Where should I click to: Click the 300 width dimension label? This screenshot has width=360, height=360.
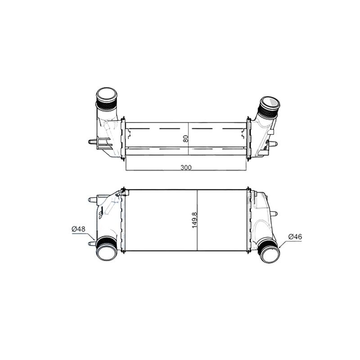(186, 167)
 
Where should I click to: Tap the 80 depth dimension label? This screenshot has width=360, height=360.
(186, 139)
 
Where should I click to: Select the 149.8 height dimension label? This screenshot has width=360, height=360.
(195, 220)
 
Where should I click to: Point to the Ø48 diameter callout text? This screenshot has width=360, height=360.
(78, 229)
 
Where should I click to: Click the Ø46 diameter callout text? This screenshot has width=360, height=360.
(295, 237)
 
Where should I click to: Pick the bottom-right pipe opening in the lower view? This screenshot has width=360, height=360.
(270, 255)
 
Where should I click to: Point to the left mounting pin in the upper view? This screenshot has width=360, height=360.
(92, 142)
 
